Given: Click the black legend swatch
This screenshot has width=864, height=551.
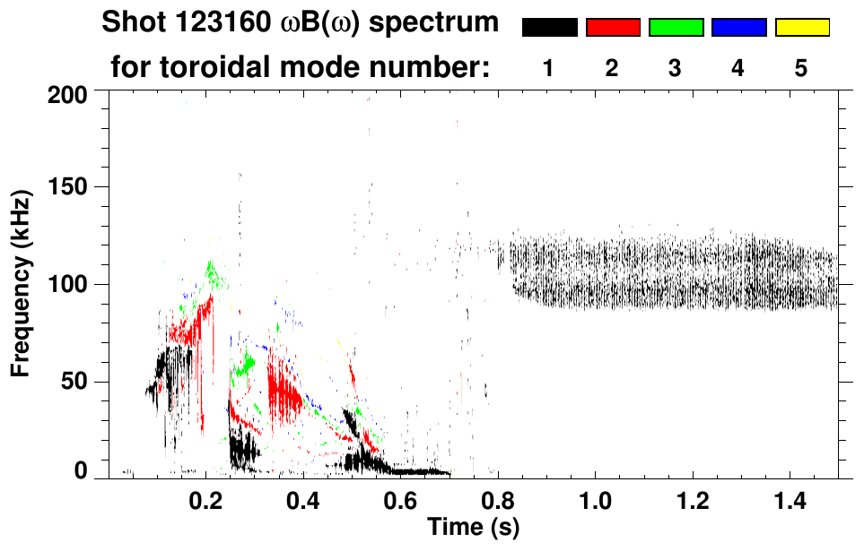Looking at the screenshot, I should point(549,28).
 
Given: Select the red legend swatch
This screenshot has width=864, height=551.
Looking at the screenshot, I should point(613,28).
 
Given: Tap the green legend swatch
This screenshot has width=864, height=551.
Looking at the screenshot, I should point(676,28).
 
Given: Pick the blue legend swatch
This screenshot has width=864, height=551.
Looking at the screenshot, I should point(738,28).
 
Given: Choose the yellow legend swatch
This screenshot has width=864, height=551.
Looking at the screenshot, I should point(801,28).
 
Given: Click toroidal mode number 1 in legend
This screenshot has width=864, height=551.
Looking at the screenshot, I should point(549,68).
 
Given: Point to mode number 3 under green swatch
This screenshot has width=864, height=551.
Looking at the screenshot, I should point(676,68).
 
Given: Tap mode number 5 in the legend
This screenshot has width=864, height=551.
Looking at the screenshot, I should point(801,68).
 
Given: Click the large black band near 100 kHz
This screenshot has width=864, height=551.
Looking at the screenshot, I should point(673,273).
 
